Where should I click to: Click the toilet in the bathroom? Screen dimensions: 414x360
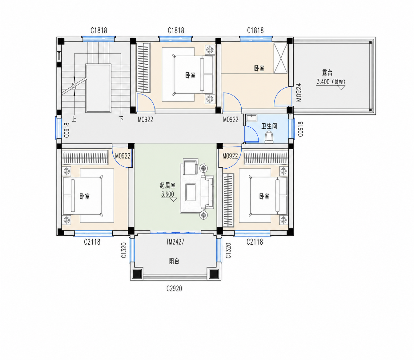click(x=269, y=137)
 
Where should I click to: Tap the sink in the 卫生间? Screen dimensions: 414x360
click(x=251, y=118)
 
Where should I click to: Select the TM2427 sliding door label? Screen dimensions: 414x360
click(x=175, y=242)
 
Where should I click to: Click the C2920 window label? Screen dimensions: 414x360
click(x=174, y=288)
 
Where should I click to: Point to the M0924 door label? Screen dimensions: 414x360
click(x=299, y=92)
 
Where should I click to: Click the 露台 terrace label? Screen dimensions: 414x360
click(x=327, y=72)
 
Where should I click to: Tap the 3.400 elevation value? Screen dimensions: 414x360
click(x=323, y=82)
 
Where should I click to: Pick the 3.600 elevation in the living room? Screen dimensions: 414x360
click(x=167, y=194)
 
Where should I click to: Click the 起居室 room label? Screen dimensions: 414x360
click(x=167, y=185)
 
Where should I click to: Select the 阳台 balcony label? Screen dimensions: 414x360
click(x=174, y=261)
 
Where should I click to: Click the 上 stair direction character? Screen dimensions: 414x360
click(x=74, y=119)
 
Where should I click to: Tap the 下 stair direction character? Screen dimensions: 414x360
click(x=121, y=119)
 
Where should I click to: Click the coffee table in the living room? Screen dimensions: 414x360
click(x=191, y=192)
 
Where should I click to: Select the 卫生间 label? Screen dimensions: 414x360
click(x=269, y=126)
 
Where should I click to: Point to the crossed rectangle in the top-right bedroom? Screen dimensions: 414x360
click(x=280, y=58)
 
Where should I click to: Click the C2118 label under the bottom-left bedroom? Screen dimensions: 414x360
click(x=92, y=242)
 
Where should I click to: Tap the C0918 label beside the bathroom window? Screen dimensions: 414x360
click(x=301, y=129)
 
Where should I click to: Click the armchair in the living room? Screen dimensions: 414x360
click(x=190, y=166)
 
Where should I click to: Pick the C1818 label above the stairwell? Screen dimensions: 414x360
click(x=98, y=30)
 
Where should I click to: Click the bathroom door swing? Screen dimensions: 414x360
click(x=252, y=134)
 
